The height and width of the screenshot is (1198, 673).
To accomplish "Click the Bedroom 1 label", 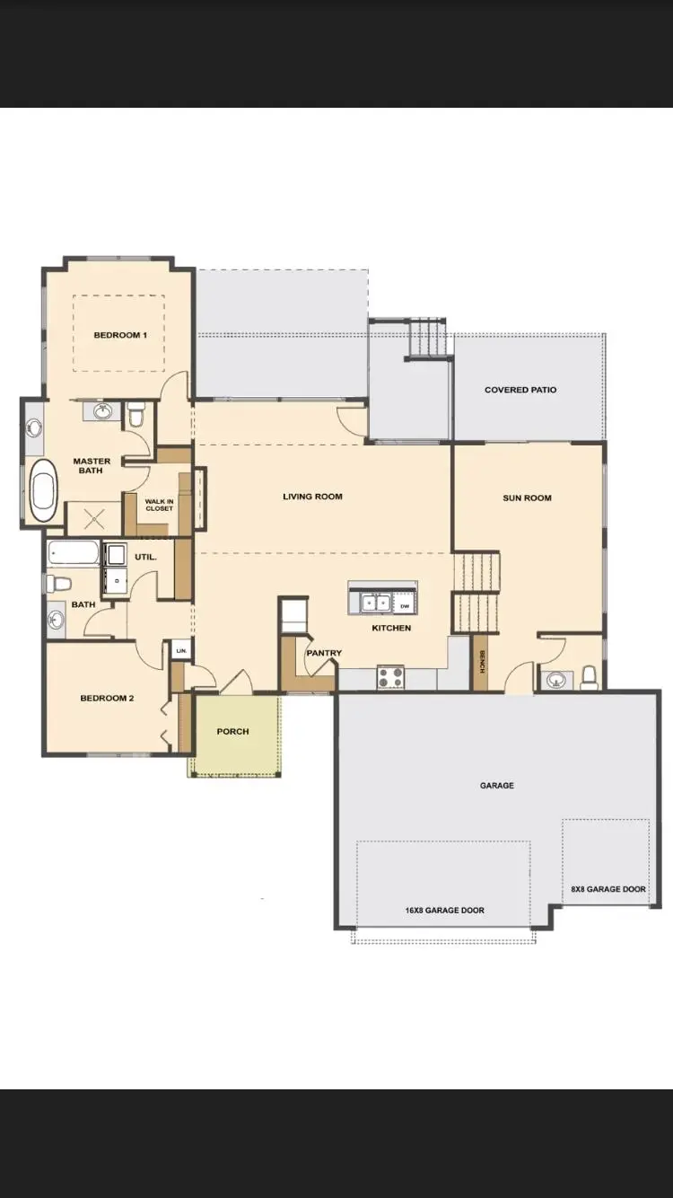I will tap(120, 335).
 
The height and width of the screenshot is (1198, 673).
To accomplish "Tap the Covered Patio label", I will tap(520, 390).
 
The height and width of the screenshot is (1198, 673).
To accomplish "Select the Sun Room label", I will tap(527, 498).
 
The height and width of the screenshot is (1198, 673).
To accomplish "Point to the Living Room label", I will tap(312, 496).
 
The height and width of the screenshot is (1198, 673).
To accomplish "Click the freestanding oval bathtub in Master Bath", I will tap(42, 490).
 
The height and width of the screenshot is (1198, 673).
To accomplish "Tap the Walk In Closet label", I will tap(160, 505).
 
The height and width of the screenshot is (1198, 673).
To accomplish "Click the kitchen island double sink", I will tap(375, 602).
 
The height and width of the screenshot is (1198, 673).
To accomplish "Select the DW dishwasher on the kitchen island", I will tap(405, 605).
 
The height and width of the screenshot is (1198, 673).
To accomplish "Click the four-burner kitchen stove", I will tap(390, 676).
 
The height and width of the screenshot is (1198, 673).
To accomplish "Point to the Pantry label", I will tap(324, 653).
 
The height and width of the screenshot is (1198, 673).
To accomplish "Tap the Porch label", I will tap(233, 731).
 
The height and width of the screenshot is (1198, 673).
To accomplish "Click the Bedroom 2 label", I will tap(107, 698).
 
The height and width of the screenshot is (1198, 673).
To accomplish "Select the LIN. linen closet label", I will tap(181, 650).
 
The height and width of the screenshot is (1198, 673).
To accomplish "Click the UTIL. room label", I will tap(145, 557).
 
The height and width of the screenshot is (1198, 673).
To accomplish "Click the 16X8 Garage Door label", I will tap(444, 910).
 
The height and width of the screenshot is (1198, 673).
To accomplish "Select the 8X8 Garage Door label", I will tap(608, 889).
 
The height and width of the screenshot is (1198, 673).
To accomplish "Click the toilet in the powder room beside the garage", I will tap(590, 675).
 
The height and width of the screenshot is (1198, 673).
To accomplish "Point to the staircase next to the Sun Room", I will tap(476, 593).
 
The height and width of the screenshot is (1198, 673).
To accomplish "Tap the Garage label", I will tap(496, 785).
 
